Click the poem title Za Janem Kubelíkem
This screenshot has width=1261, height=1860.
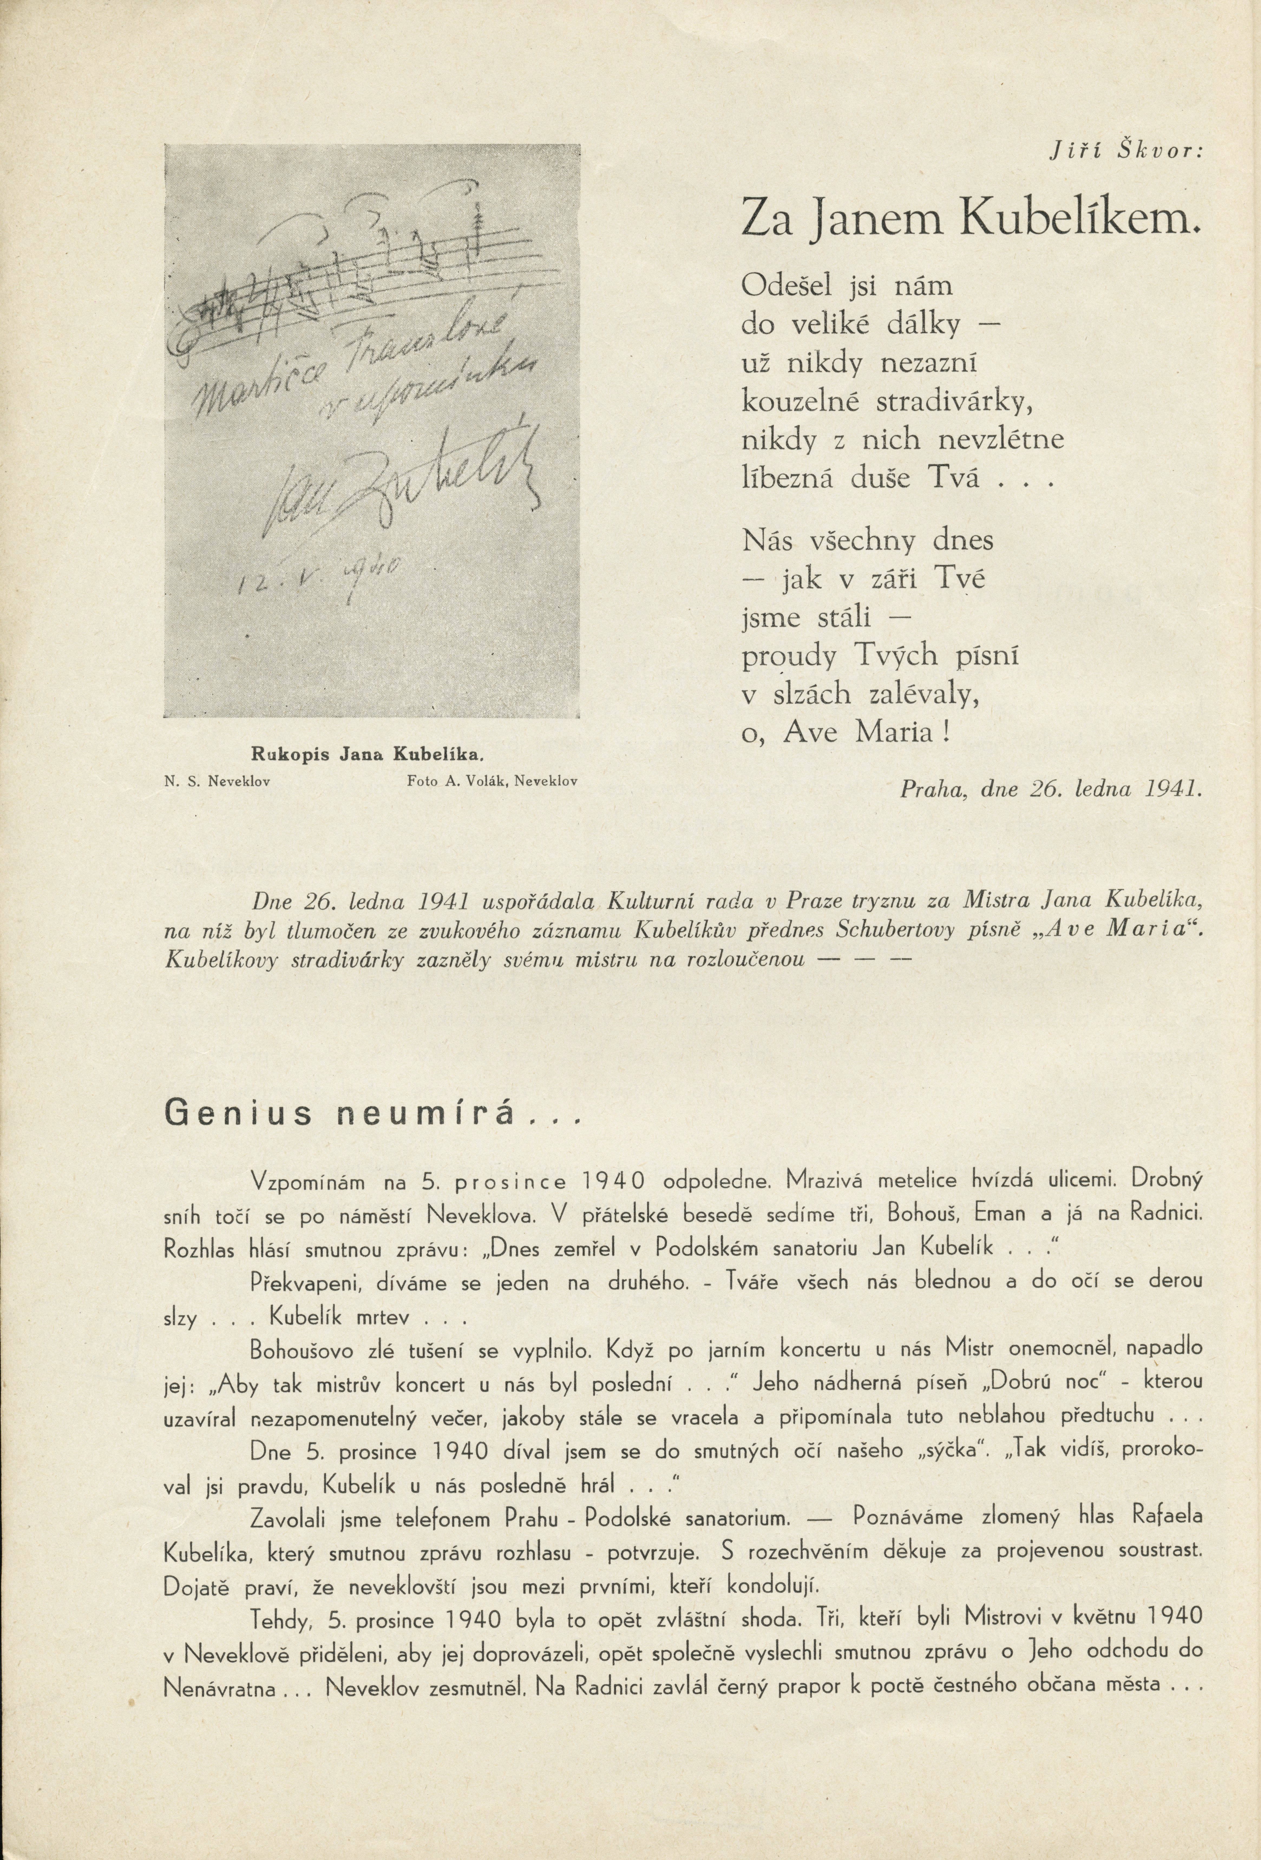point(972,218)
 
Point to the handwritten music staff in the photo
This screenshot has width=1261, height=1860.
point(336,272)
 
